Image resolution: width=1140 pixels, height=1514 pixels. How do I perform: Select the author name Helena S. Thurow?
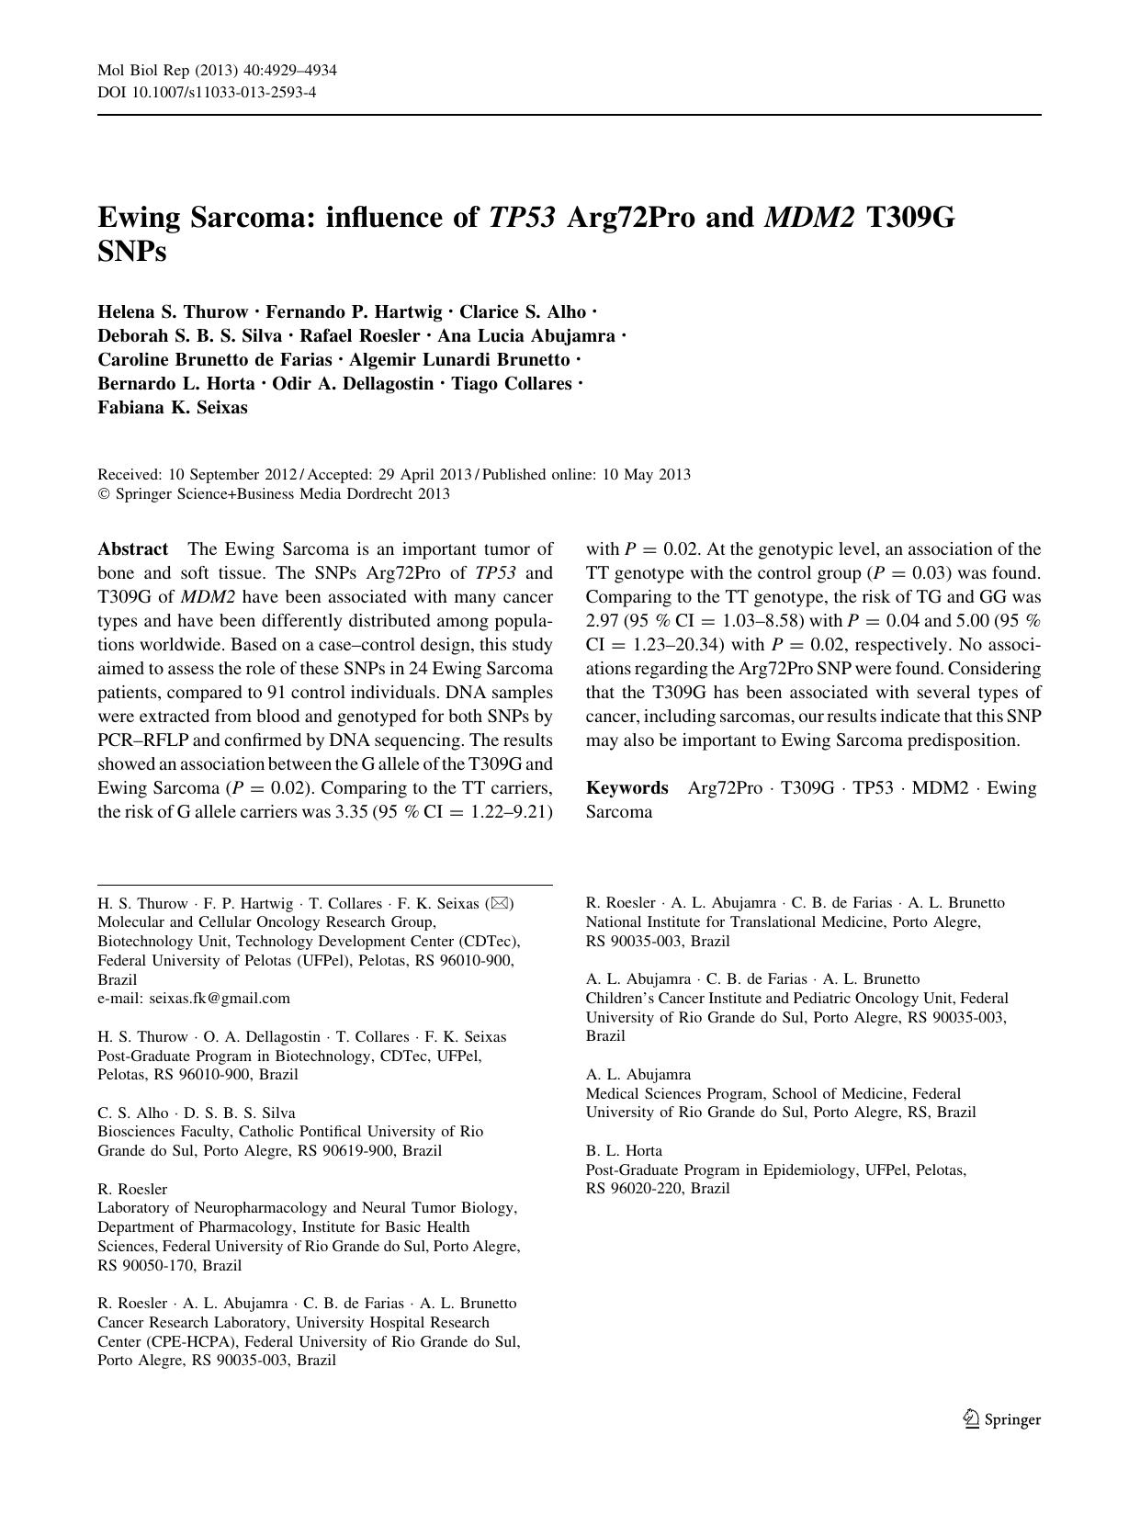pos(173,312)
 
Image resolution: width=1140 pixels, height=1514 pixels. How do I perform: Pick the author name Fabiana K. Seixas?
pos(173,408)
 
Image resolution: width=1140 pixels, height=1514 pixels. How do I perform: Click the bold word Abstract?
pos(133,549)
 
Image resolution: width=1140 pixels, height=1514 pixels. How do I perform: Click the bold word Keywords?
pos(627,788)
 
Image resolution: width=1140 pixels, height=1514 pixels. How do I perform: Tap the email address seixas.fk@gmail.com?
pos(220,998)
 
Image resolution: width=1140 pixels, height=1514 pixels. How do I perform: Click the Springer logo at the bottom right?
pos(1002,1419)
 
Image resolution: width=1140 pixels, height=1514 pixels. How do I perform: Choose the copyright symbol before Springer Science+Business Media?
pos(104,494)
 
